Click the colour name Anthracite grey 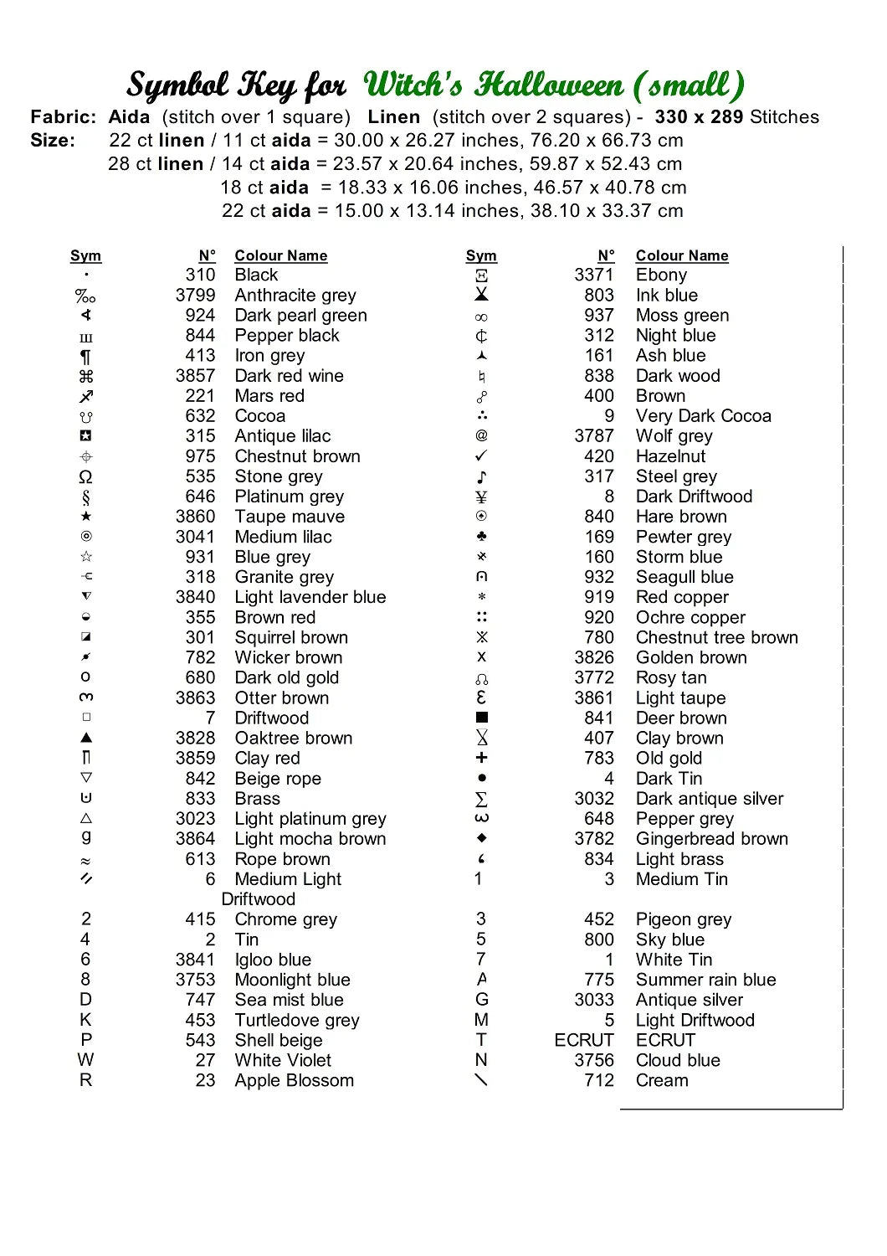point(295,295)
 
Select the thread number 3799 point(195,295)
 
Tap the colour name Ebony point(661,275)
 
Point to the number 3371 point(594,275)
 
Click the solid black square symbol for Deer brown point(482,718)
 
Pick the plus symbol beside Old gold point(481,758)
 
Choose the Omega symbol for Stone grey point(85,476)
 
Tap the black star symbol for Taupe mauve point(86,517)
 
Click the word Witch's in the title point(413,85)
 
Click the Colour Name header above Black point(280,255)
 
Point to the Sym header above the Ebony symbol point(481,255)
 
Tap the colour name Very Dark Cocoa point(703,416)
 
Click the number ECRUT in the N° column point(584,1040)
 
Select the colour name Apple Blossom point(294,1080)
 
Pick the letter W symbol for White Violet point(85,1060)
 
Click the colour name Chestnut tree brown point(716,637)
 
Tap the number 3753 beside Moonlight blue point(195,980)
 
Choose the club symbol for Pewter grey point(481,537)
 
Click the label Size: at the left point(53,141)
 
